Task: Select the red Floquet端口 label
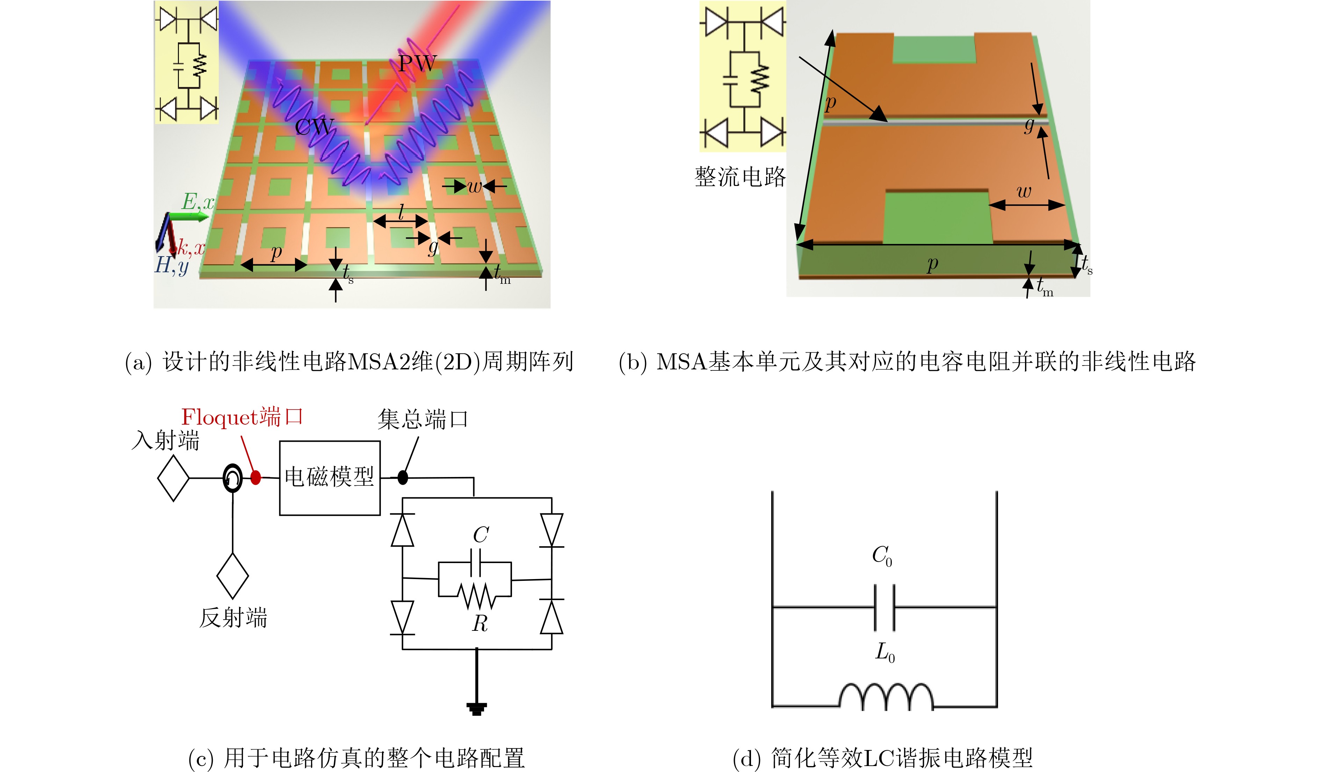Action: [x=242, y=417]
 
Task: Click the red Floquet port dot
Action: [x=255, y=477]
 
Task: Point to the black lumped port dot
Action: [x=403, y=477]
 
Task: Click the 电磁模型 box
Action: [x=330, y=478]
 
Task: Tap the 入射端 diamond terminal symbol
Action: [x=173, y=478]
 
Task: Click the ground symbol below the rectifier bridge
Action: [x=477, y=709]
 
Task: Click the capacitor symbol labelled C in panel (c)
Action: [x=475, y=563]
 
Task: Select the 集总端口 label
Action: [x=423, y=419]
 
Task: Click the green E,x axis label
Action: [x=198, y=202]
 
